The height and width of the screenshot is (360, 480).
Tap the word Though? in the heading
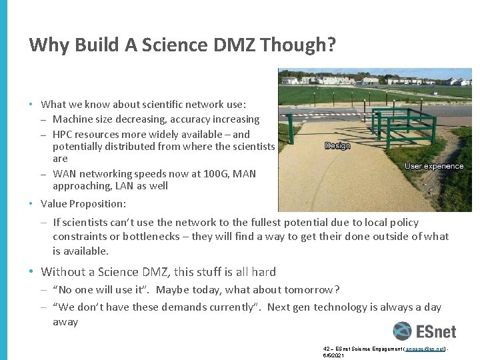(299, 45)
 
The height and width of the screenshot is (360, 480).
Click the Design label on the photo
(337, 145)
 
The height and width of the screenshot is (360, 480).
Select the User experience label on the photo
(434, 166)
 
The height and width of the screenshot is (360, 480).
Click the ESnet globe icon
(402, 331)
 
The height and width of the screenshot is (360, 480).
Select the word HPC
(63, 133)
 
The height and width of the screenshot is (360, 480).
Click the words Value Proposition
(83, 203)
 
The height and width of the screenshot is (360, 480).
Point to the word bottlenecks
(151, 237)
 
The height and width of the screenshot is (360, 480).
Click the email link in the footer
(424, 349)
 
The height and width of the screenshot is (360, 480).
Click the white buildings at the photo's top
(333, 80)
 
